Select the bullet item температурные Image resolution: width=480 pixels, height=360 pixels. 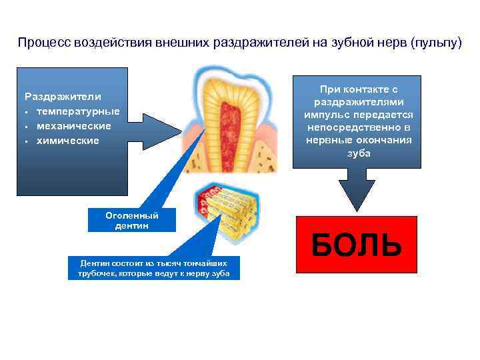point(78,111)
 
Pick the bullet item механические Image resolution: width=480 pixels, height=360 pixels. point(73,125)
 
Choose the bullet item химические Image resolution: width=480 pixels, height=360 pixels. point(67,140)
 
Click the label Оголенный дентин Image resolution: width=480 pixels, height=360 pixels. point(131,220)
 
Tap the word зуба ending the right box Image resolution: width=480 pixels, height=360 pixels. point(358,153)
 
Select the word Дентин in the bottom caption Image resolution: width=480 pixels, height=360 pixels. point(93,263)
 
